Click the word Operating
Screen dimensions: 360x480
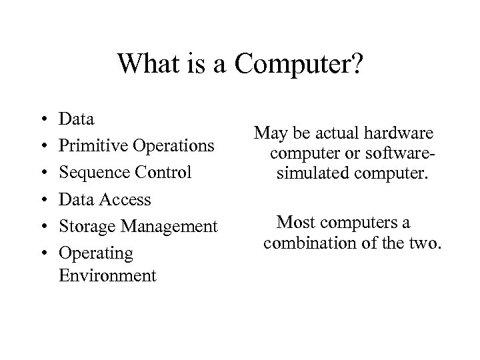coord(96,253)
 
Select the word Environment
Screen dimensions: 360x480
coord(107,275)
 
